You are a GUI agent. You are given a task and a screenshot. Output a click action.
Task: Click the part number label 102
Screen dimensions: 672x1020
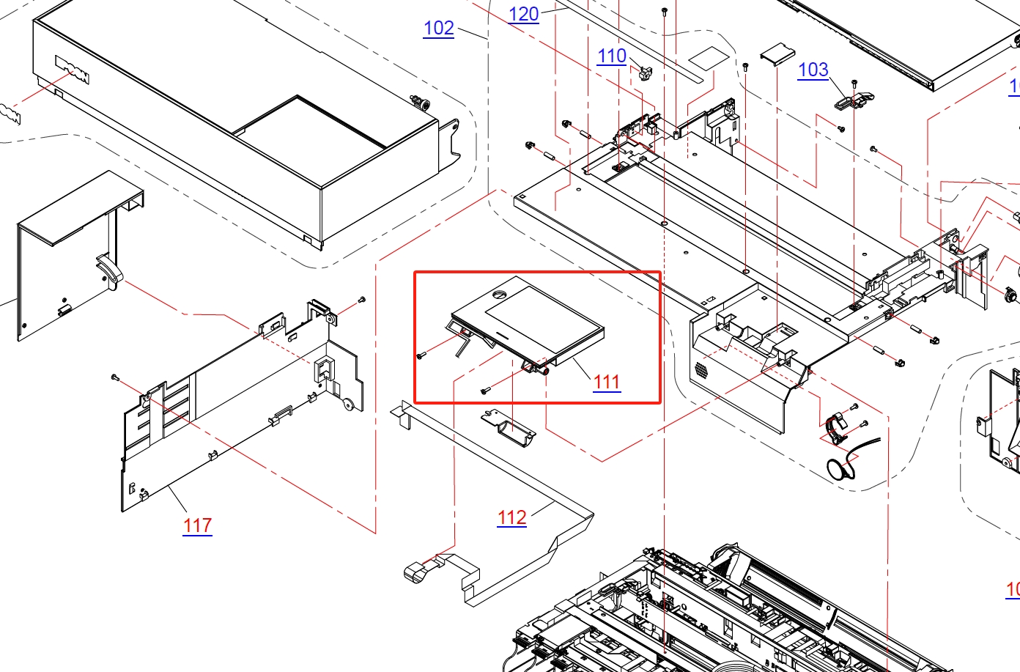click(438, 29)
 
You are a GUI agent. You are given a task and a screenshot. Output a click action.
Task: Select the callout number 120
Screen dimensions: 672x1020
click(523, 15)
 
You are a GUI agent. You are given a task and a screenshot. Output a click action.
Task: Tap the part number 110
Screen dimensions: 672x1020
click(611, 56)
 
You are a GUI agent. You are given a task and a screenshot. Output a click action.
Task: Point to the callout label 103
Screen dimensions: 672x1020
click(813, 70)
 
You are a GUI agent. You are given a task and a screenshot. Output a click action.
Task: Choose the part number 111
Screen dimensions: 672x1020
click(607, 382)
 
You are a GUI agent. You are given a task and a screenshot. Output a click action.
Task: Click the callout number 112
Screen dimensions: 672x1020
click(511, 518)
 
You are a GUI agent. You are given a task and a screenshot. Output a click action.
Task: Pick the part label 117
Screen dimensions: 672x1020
click(197, 525)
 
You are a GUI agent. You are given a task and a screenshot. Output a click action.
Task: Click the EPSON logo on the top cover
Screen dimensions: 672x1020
click(73, 69)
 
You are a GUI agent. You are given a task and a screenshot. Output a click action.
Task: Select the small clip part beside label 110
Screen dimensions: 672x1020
click(645, 73)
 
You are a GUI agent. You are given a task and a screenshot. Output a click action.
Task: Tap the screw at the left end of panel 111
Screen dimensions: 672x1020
click(421, 356)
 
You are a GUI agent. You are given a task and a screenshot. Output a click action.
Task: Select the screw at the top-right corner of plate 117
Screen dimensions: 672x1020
click(361, 300)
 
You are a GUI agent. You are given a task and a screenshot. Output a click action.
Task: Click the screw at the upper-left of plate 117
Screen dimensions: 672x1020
click(115, 377)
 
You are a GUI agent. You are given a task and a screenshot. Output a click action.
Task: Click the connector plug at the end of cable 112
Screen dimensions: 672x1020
click(415, 572)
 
